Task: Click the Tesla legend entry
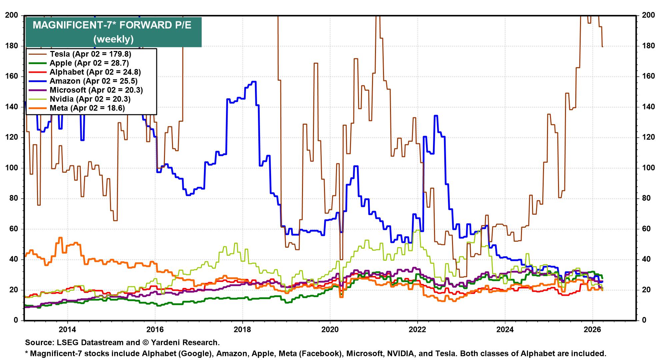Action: [x=90, y=54]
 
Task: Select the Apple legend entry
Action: [x=89, y=63]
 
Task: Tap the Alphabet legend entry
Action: [x=95, y=72]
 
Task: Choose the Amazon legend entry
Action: [x=93, y=81]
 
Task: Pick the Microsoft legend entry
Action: [x=96, y=90]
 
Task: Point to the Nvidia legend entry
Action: [x=90, y=99]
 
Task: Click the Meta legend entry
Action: [x=87, y=108]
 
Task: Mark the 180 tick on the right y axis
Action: [x=648, y=46]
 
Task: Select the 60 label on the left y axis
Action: [x=14, y=229]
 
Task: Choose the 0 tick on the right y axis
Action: [x=644, y=320]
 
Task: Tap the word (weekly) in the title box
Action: [x=113, y=39]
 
